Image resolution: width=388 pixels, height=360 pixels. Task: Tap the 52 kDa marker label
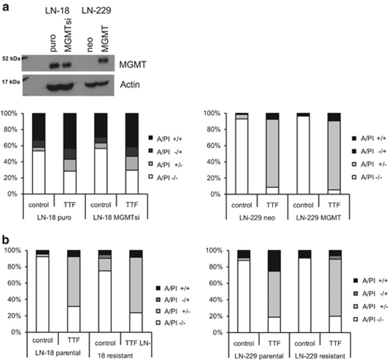11,59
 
